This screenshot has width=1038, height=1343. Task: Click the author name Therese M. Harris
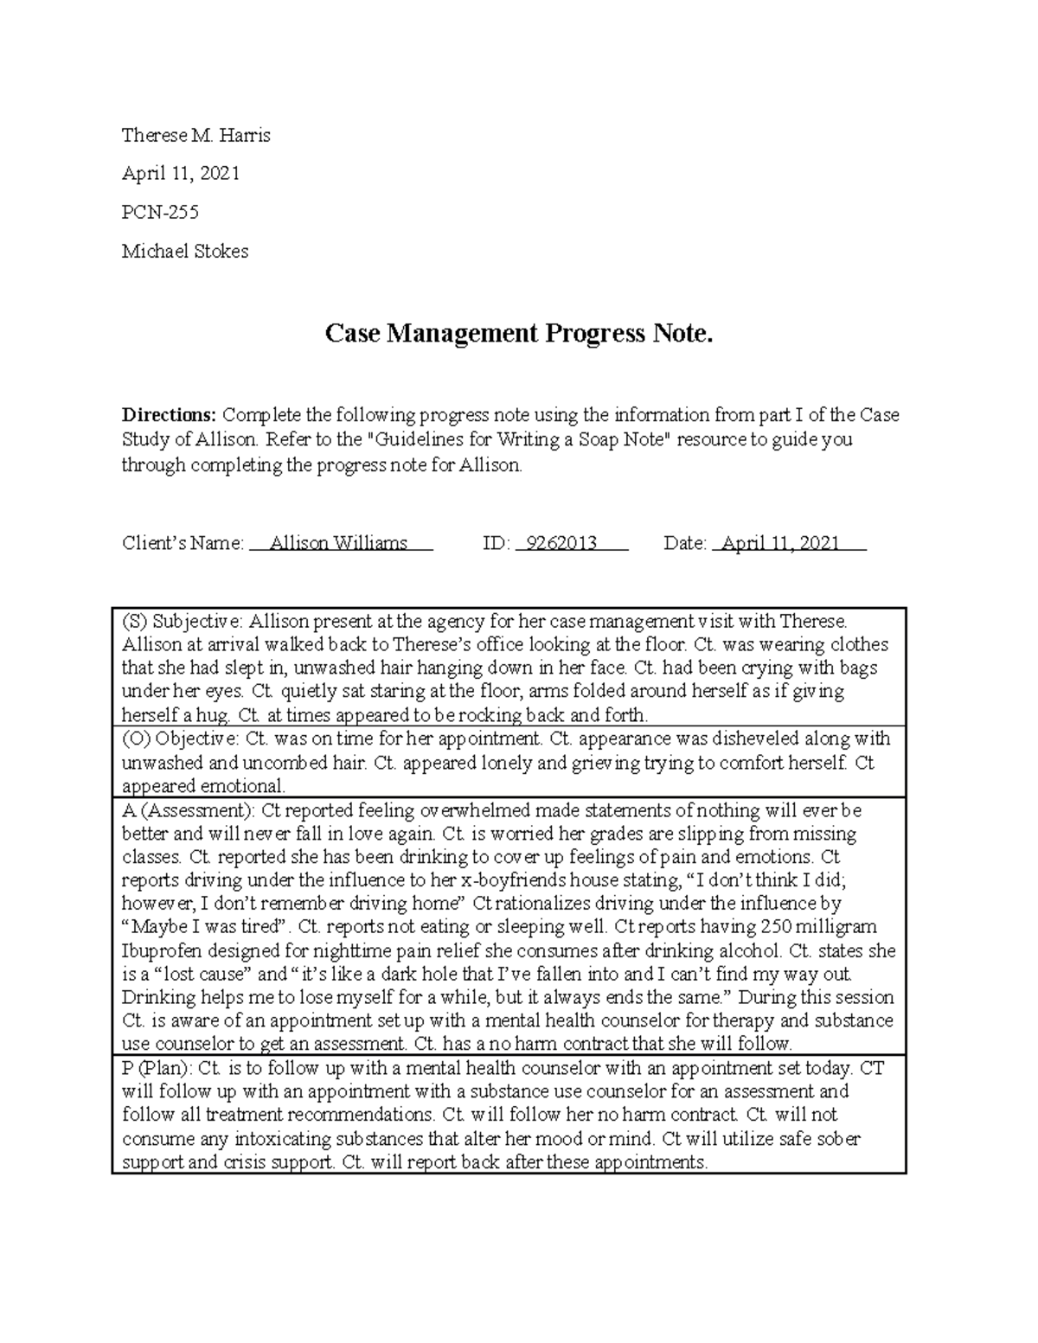click(x=196, y=135)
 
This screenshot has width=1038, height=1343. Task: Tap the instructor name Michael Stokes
click(x=185, y=251)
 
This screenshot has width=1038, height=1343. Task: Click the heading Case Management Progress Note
click(x=519, y=333)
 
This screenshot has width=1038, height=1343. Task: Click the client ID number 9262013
click(x=561, y=543)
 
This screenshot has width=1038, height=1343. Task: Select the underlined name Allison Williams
click(x=338, y=543)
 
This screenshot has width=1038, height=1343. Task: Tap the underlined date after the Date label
click(x=780, y=543)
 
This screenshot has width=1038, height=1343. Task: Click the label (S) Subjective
click(x=183, y=621)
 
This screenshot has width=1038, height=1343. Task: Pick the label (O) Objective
click(x=179, y=739)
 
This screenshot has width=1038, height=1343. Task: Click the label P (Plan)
click(x=157, y=1068)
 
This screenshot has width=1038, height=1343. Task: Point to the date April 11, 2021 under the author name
click(x=180, y=173)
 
